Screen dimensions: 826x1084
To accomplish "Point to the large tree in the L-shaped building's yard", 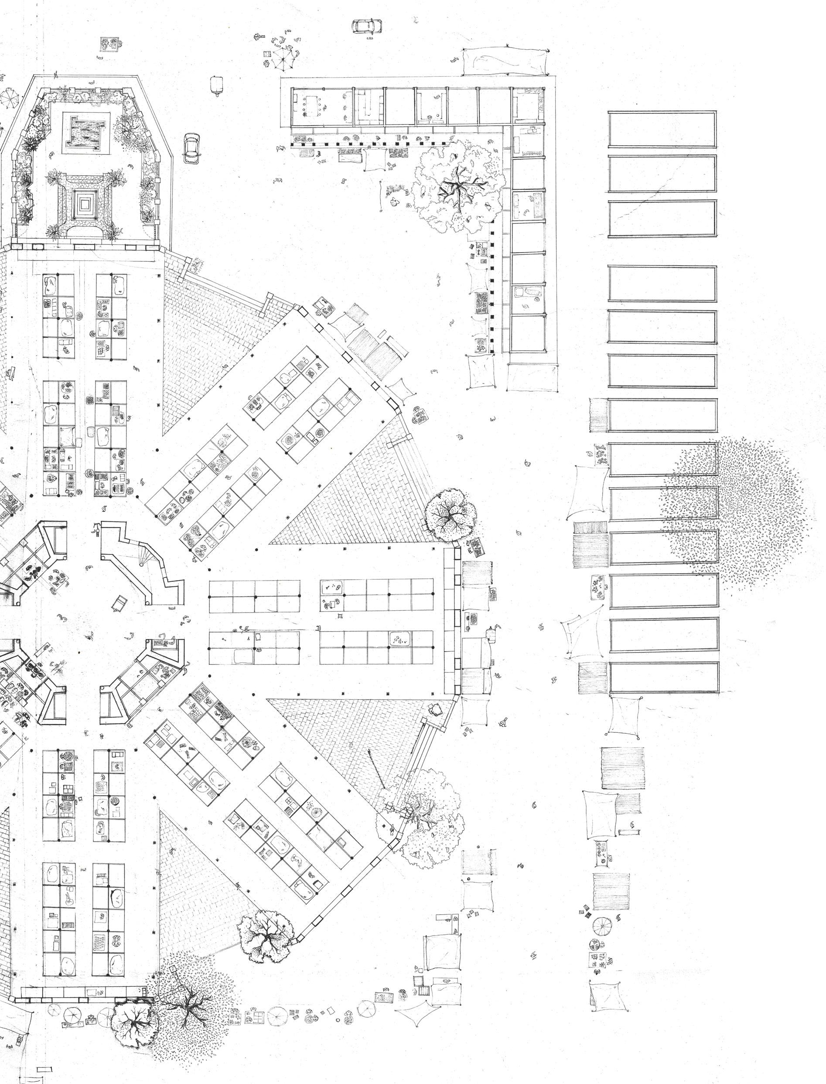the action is pos(455,189).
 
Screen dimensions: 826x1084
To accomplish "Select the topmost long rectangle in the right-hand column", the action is pos(662,129).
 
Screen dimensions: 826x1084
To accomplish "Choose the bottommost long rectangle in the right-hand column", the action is pos(664,678).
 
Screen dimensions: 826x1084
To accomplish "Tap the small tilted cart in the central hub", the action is pos(119,603).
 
